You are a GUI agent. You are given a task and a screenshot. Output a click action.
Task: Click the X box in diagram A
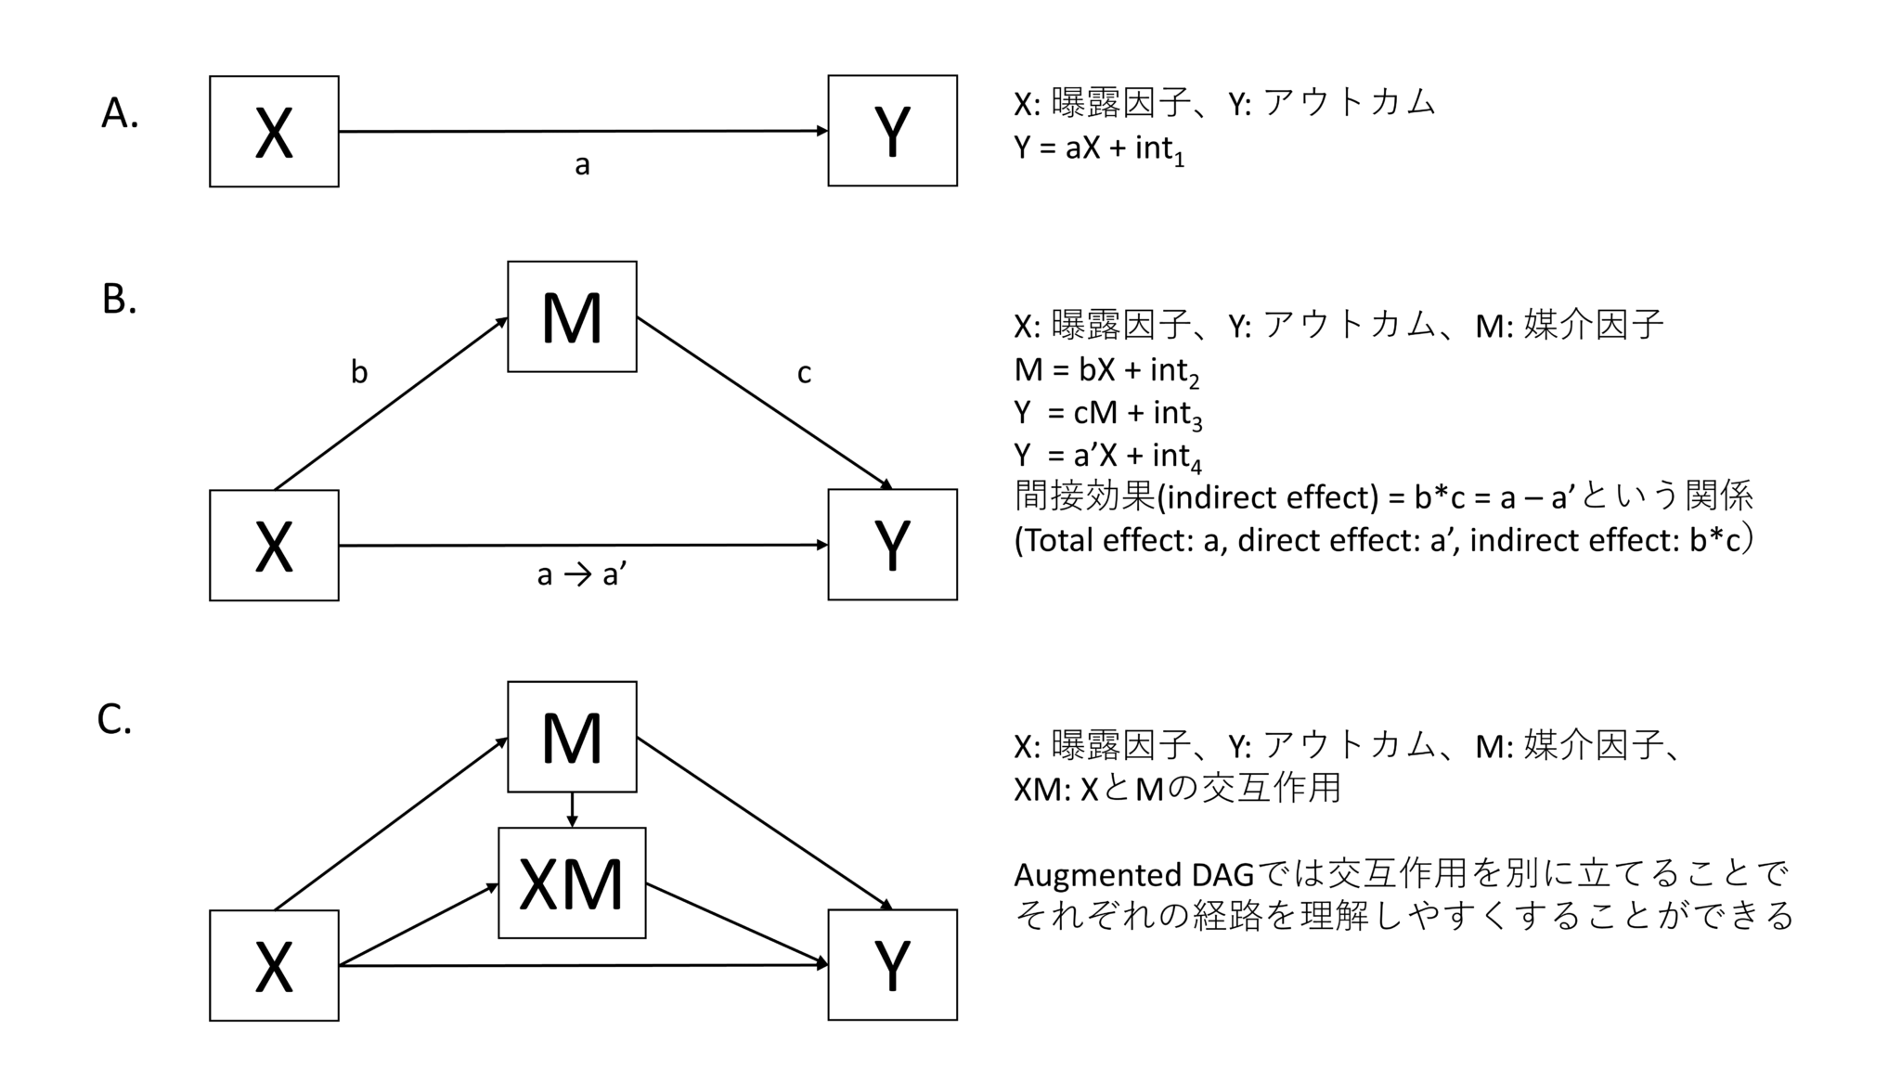[x=274, y=132]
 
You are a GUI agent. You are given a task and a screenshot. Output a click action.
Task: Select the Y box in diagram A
[x=892, y=131]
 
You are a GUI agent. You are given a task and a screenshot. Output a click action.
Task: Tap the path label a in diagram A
[x=582, y=165]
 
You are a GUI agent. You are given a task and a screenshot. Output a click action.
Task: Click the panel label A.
[x=120, y=113]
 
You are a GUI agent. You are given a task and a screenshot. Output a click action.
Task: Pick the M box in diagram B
[x=572, y=317]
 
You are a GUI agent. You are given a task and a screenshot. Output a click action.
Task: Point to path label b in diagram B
[x=359, y=372]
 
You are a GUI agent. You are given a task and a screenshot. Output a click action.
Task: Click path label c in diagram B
[x=804, y=373]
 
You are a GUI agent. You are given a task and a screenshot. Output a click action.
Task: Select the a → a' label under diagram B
[x=582, y=575]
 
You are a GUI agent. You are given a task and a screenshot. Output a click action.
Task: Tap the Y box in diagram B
[x=892, y=545]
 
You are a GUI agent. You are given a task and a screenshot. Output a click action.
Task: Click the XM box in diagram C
[x=572, y=883]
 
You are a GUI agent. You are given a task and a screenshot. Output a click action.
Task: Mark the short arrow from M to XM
[x=572, y=809]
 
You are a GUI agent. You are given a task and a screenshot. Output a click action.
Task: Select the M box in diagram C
[x=572, y=737]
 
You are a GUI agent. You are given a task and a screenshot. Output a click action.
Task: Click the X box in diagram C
[x=274, y=965]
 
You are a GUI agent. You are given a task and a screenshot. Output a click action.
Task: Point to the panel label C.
[x=114, y=719]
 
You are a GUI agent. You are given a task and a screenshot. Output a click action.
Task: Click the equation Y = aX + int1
[x=1099, y=148]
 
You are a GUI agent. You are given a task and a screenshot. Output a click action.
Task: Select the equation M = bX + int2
[x=1106, y=371]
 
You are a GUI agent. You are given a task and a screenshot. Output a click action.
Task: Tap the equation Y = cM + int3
[x=1107, y=413]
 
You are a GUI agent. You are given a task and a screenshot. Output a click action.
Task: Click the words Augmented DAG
[x=1132, y=875]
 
